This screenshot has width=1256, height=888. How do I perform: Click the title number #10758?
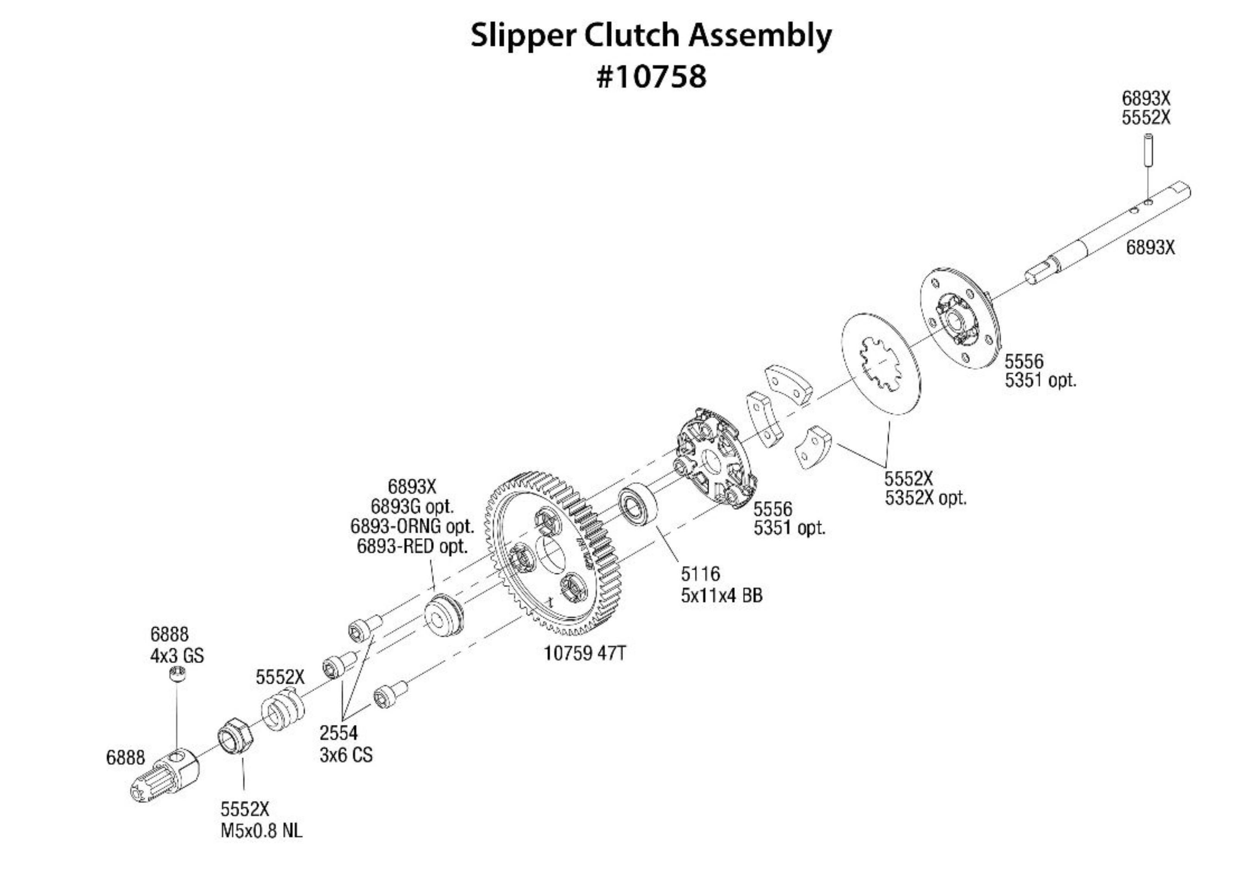tap(651, 77)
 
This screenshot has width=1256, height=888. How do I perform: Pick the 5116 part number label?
tap(700, 574)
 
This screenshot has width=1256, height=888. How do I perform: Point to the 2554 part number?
tap(339, 733)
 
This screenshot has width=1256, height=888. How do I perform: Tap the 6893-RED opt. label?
tap(412, 546)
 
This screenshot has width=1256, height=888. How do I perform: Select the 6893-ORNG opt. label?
tap(411, 526)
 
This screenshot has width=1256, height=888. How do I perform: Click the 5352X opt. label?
tap(926, 498)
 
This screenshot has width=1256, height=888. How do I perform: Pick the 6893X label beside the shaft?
tap(1150, 248)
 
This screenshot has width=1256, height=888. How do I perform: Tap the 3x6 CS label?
tap(346, 755)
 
